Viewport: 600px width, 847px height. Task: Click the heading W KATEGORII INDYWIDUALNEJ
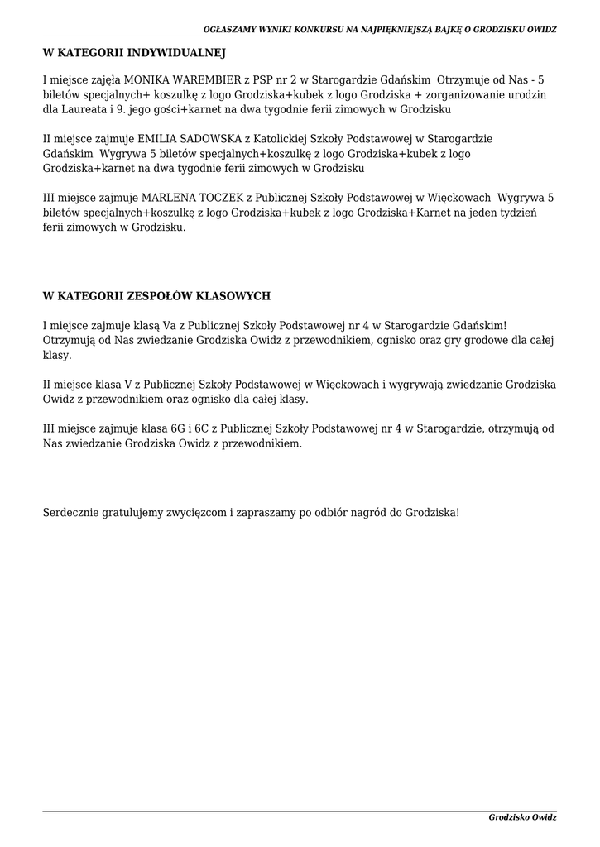(x=134, y=53)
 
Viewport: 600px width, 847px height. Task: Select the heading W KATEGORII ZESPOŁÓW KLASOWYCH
(x=156, y=296)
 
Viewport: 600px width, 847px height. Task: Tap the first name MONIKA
(x=146, y=80)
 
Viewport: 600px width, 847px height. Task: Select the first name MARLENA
(x=166, y=198)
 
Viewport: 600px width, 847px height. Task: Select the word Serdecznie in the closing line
(x=70, y=512)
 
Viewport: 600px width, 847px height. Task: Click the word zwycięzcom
(x=194, y=512)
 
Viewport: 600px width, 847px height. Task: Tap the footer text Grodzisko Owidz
(x=522, y=817)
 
